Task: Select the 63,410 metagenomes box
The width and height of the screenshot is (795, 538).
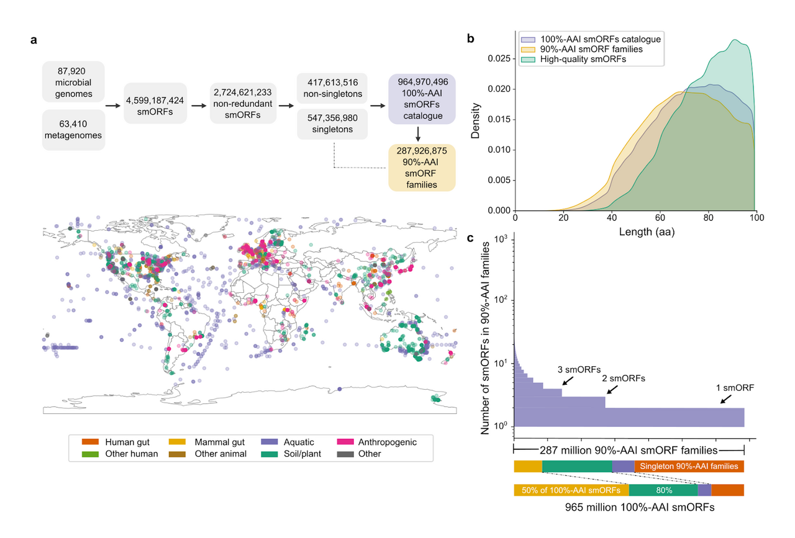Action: [73, 130]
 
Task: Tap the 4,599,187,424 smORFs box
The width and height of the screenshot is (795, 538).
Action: [155, 103]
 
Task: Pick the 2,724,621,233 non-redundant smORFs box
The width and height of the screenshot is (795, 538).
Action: [240, 103]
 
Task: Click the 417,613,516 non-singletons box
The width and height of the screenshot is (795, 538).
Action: [332, 88]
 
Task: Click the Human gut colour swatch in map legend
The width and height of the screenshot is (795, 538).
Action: [91, 442]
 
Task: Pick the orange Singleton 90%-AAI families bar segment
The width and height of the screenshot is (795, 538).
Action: [689, 466]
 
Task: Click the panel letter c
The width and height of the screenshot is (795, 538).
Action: [471, 238]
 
